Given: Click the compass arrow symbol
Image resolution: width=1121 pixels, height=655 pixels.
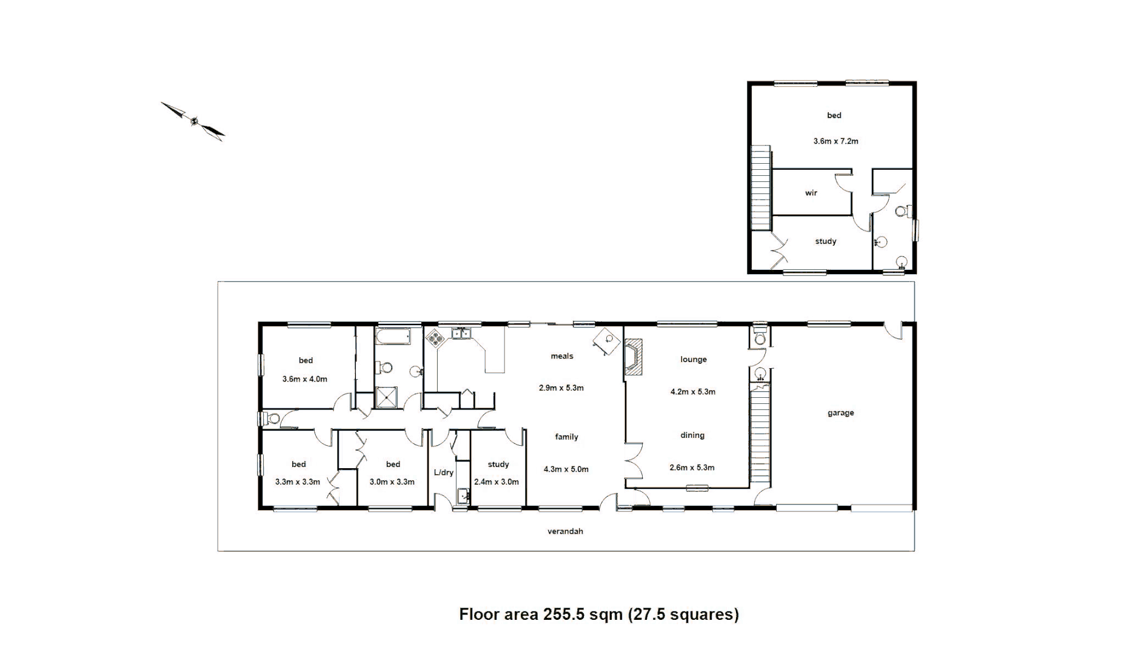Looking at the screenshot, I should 193,121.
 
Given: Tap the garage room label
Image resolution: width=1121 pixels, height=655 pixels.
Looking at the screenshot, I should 840,413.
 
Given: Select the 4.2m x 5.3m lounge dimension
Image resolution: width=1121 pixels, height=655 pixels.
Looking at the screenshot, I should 692,392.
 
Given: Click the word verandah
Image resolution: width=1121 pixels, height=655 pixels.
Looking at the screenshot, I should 565,531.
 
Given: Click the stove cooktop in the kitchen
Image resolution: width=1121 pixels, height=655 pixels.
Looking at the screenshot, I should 435,338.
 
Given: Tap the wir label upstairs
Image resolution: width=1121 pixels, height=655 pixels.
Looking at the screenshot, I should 811,193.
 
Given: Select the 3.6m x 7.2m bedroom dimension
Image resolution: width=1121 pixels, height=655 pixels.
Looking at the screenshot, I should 835,141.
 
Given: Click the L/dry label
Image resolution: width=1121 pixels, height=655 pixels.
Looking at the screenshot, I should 443,472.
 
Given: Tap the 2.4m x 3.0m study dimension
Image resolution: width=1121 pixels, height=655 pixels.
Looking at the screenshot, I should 496,482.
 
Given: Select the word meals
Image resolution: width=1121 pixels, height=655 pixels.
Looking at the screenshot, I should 561,356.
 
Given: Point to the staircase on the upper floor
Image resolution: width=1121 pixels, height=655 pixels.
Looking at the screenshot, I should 761,188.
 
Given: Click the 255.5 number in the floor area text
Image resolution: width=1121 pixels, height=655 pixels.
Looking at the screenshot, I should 563,614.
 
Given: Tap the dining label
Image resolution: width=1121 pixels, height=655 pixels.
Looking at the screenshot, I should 692,435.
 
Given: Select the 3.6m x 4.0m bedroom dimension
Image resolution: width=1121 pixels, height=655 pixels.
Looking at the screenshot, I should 304,379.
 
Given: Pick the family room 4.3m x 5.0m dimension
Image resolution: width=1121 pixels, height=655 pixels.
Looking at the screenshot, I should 566,469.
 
